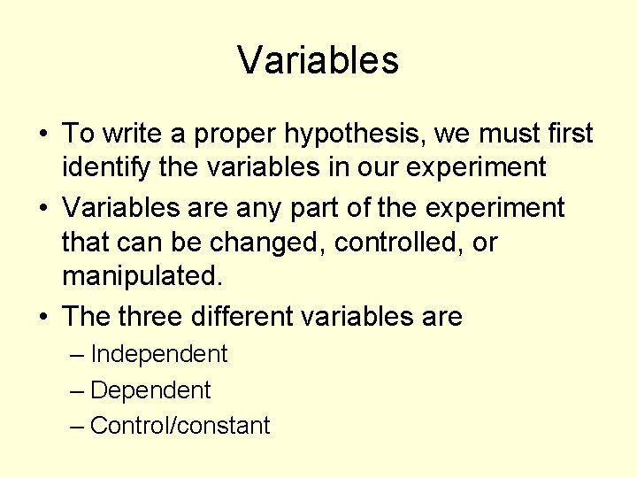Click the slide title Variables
tap(318, 60)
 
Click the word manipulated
tap(142, 275)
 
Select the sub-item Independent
tap(159, 354)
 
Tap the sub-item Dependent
tap(150, 390)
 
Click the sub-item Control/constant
tap(180, 426)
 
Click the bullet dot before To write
tap(43, 135)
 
